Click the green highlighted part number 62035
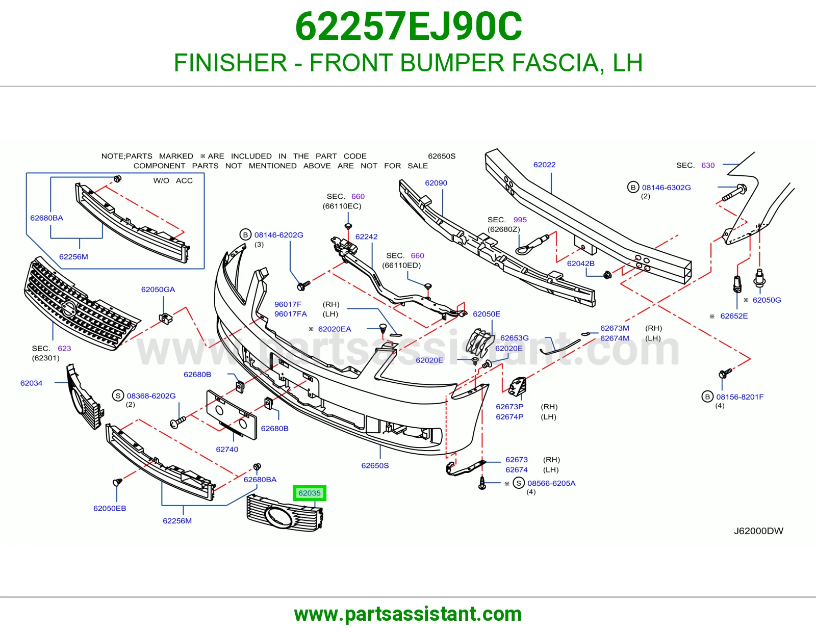point(310,493)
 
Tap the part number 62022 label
point(544,165)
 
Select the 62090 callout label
point(436,183)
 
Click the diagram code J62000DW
point(758,531)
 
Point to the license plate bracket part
point(232,414)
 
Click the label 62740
point(227,449)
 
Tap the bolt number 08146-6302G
point(666,187)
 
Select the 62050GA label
point(158,289)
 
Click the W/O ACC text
point(173,180)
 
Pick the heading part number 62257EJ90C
point(409,27)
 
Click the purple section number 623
point(64,348)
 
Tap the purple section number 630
point(708,165)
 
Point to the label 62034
point(31,383)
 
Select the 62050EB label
point(110,508)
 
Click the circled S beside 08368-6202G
point(118,395)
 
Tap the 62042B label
point(580,264)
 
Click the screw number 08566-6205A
point(551,483)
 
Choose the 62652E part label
point(734,316)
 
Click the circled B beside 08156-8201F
point(707,397)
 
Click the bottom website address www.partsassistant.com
point(408,614)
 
